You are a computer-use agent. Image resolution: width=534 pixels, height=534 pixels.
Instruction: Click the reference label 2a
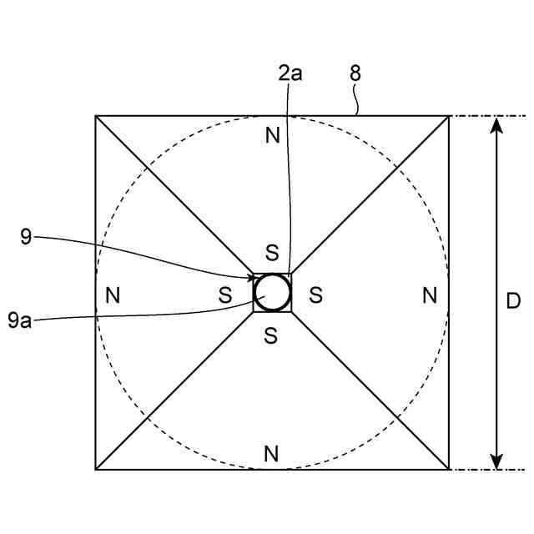pyautogui.click(x=290, y=73)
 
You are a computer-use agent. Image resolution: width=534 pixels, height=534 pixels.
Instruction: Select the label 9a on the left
pyautogui.click(x=20, y=320)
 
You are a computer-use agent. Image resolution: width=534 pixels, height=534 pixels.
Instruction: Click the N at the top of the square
pyautogui.click(x=272, y=135)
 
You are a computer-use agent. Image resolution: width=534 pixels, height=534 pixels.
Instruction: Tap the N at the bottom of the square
pyautogui.click(x=270, y=454)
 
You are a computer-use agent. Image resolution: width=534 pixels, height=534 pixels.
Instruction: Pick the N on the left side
pyautogui.click(x=113, y=295)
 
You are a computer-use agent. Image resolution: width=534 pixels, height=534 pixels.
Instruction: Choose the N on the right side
pyautogui.click(x=429, y=295)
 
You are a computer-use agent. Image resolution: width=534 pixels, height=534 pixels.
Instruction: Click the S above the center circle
pyautogui.click(x=271, y=252)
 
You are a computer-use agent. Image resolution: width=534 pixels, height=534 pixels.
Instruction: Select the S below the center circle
pyautogui.click(x=270, y=335)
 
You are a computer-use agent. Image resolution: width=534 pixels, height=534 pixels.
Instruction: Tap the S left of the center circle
pyautogui.click(x=225, y=295)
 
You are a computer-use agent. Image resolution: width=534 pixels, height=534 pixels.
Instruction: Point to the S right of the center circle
pyautogui.click(x=315, y=295)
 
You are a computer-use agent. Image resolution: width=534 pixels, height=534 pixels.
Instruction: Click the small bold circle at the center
pyautogui.click(x=273, y=293)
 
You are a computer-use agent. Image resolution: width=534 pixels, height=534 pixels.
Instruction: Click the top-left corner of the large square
pyautogui.click(x=96, y=116)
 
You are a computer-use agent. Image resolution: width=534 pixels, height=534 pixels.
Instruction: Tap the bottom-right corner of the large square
pyautogui.click(x=450, y=470)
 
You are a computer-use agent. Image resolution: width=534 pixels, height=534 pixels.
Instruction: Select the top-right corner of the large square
pyautogui.click(x=450, y=116)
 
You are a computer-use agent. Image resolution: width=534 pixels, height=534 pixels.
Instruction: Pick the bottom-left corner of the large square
pyautogui.click(x=96, y=470)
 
